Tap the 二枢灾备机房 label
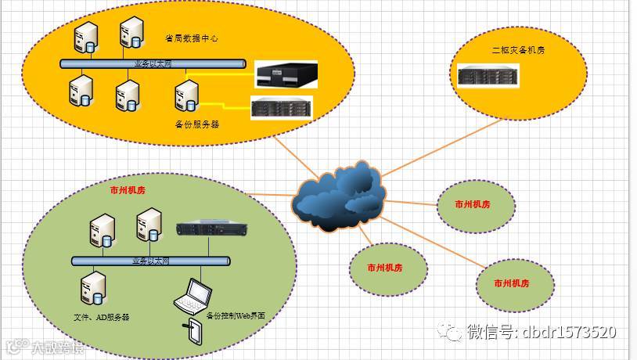(518, 50)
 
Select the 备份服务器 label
(197, 124)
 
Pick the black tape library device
(288, 76)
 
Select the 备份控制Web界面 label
(236, 315)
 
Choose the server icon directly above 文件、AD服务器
(93, 288)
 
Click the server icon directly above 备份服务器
(187, 95)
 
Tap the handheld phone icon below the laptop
(193, 332)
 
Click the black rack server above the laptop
(207, 229)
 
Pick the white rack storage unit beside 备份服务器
(282, 107)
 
